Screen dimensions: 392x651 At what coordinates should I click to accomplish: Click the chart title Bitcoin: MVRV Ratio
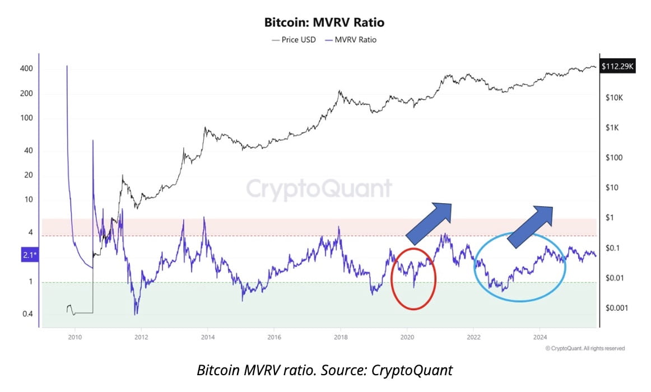pos(325,23)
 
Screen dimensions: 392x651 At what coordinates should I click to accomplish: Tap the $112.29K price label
pos(617,67)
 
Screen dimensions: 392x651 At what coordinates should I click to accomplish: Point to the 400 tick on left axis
pos(27,69)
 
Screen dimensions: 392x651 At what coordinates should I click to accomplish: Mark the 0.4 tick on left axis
pos(27,314)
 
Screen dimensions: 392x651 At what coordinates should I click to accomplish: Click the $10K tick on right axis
pos(615,97)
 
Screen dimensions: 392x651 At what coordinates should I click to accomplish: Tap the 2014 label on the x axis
pos(207,338)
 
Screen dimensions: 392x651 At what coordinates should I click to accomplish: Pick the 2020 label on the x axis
pos(407,338)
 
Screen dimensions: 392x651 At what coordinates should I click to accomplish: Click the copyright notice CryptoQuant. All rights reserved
pos(585,348)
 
